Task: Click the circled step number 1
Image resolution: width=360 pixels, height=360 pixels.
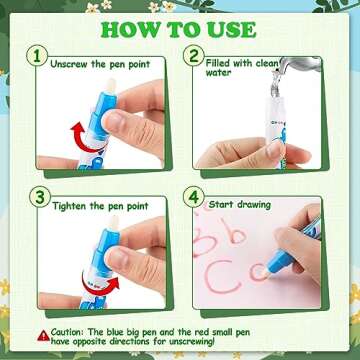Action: click(x=37, y=56)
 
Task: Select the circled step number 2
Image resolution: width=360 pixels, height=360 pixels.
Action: click(x=194, y=56)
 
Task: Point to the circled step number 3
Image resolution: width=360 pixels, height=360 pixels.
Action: click(x=40, y=197)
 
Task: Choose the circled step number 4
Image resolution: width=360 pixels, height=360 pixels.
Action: click(x=194, y=197)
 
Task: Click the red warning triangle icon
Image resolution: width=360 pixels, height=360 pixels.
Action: click(x=43, y=335)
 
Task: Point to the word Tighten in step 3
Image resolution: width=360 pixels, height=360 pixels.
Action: click(x=70, y=206)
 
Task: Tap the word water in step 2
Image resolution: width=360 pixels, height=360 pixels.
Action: click(x=218, y=73)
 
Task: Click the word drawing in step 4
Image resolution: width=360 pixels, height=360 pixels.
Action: click(x=254, y=204)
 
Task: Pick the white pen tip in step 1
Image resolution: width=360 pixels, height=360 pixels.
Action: click(x=110, y=86)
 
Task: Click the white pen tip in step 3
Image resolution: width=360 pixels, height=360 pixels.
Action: click(x=114, y=224)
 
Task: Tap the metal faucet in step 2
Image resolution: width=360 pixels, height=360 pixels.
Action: click(x=298, y=66)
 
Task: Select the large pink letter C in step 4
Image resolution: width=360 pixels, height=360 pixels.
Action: click(x=222, y=276)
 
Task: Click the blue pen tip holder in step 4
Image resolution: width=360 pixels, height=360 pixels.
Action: click(x=280, y=261)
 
